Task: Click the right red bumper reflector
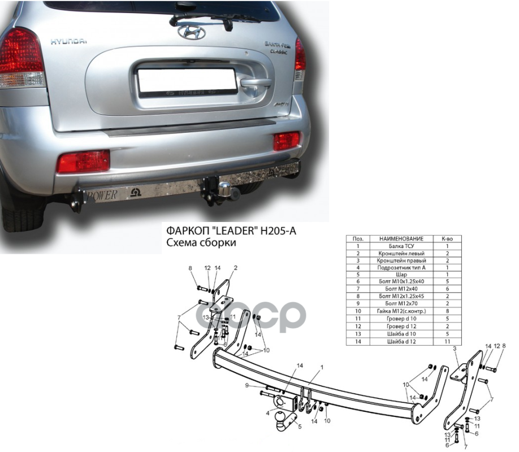tap(287, 141)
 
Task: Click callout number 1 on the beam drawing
tap(322, 367)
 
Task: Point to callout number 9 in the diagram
tap(247, 385)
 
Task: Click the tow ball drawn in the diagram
tap(282, 421)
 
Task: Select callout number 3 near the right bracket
tap(454, 350)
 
